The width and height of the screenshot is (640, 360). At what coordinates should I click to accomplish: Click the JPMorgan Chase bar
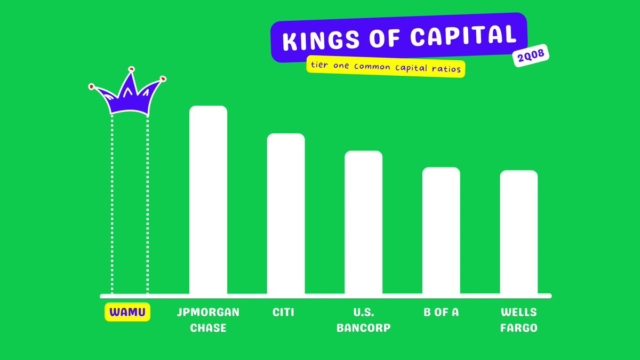(x=209, y=199)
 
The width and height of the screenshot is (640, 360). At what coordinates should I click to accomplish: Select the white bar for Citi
(x=286, y=214)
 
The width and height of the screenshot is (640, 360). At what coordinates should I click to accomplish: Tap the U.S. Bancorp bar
(x=363, y=222)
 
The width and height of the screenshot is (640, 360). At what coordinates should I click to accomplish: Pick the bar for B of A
(x=441, y=230)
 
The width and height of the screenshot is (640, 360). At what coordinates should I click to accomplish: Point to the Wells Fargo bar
(x=519, y=232)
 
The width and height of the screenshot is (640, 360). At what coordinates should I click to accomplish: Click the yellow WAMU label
(x=127, y=312)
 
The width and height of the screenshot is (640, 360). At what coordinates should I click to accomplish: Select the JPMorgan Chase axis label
(x=209, y=320)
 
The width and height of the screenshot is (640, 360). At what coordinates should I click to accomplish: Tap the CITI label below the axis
(x=283, y=313)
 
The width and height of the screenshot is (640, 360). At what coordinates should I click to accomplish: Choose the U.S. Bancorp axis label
(x=364, y=320)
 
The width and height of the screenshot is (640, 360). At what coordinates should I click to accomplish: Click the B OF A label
(x=441, y=313)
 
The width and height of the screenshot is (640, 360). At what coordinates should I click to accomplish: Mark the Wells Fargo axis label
(x=519, y=320)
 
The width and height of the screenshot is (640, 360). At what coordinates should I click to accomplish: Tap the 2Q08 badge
(x=531, y=55)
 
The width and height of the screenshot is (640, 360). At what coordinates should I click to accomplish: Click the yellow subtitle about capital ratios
(x=386, y=67)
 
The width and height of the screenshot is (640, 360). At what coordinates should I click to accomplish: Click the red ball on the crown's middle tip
(x=131, y=69)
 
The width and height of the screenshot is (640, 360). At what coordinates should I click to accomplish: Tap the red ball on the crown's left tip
(x=91, y=86)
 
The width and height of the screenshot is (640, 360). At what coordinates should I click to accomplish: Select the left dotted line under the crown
(x=112, y=204)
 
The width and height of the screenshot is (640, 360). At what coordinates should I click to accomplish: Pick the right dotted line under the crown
(x=147, y=204)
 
